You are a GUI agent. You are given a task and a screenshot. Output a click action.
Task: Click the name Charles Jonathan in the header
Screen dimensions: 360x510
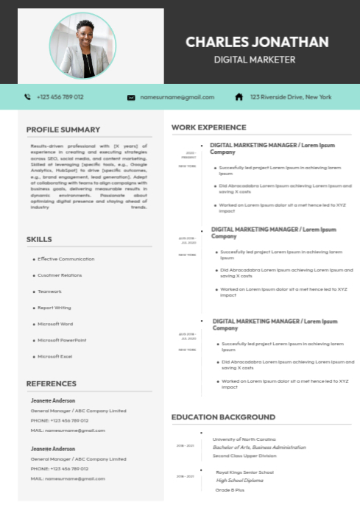[x=257, y=42]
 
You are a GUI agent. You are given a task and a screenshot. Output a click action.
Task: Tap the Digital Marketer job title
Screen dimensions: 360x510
[x=254, y=60]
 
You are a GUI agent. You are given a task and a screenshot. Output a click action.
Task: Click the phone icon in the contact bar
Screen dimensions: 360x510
[x=28, y=97]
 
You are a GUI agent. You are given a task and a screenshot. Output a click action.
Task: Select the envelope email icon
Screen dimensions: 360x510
[x=131, y=97]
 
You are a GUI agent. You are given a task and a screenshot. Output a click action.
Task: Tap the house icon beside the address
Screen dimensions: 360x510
[x=239, y=97]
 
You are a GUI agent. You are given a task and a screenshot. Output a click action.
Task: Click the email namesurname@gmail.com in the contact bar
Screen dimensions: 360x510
[x=177, y=97]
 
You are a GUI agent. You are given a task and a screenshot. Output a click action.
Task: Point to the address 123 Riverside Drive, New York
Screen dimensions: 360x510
[x=290, y=97]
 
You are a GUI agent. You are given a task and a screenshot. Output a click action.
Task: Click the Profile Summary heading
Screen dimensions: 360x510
[x=63, y=130]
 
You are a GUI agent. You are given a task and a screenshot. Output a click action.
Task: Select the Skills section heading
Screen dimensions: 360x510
[x=39, y=239]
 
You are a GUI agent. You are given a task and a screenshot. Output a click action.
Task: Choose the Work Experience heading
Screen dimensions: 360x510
[x=208, y=127]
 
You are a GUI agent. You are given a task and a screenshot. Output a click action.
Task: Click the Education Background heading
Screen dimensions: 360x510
[x=223, y=417]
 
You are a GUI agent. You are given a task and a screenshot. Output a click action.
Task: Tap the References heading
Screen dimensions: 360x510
[x=52, y=383]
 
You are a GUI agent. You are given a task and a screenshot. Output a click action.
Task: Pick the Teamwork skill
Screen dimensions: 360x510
[x=50, y=291]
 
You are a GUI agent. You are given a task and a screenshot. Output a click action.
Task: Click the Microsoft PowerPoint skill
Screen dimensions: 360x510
[x=62, y=340]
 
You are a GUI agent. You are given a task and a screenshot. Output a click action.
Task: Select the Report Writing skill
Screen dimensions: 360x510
[x=54, y=308]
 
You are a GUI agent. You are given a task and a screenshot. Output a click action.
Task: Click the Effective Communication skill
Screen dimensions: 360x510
[x=66, y=259]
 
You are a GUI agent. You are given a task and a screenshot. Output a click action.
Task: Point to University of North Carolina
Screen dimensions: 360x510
[x=244, y=439]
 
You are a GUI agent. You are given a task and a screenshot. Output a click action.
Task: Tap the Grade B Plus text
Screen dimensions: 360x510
[x=230, y=489]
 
